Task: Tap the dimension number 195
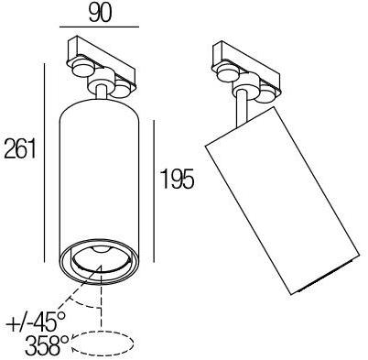[177, 178]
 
